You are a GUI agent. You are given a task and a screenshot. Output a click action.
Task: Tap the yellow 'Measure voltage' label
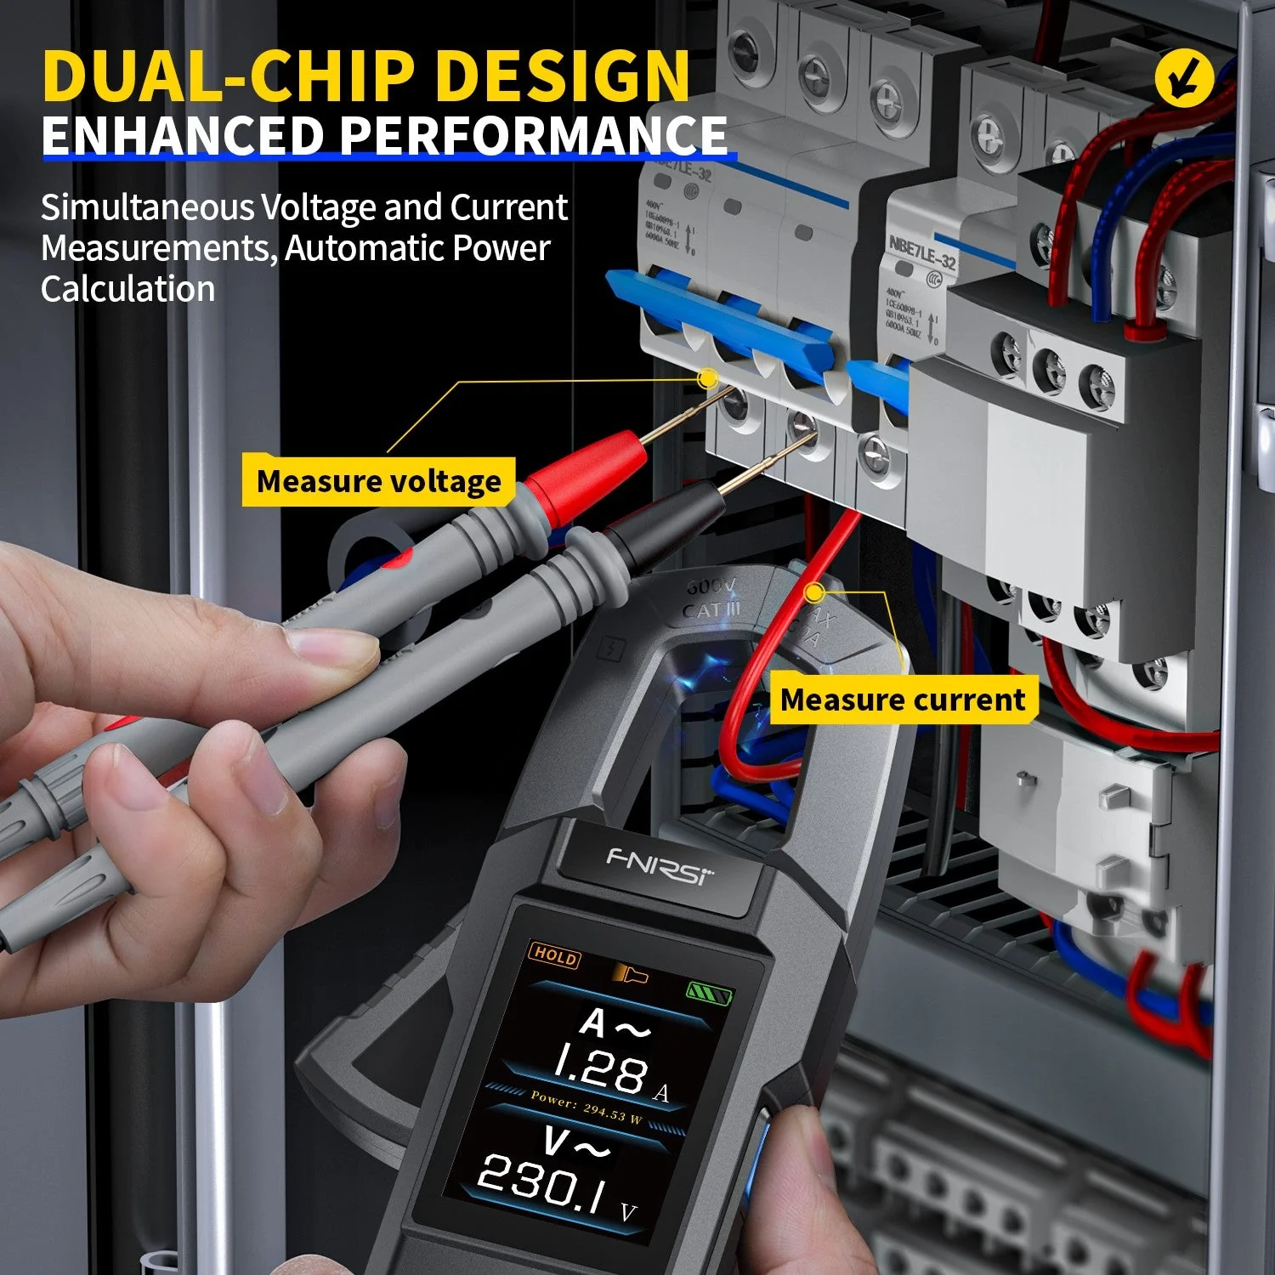[x=378, y=481]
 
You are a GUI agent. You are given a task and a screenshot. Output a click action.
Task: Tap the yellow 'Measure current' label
[x=903, y=700]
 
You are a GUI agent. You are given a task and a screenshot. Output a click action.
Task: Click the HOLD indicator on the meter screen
[x=554, y=955]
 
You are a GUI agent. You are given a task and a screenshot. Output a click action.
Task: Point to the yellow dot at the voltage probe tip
[x=705, y=379]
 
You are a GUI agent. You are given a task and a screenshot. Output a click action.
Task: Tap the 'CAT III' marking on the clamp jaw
[x=711, y=610]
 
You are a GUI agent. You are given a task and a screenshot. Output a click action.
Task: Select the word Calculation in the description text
[x=127, y=289]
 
